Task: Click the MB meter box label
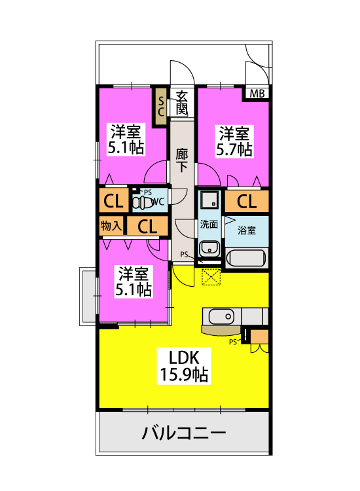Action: point(257,94)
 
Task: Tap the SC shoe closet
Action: point(161,106)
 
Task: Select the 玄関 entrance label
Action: point(181,103)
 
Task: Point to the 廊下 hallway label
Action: point(181,160)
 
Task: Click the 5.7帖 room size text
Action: point(234,149)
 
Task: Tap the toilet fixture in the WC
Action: point(143,202)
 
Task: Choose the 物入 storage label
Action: point(111,225)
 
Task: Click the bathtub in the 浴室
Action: point(246,258)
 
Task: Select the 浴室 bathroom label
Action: point(247,230)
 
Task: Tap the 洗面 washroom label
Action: point(209,224)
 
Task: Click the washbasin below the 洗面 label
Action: point(209,248)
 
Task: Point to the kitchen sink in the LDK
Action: point(221,317)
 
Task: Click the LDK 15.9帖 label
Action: point(184,366)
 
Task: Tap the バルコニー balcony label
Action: point(184,433)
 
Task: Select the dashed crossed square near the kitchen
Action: point(211,277)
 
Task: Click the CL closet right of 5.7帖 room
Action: point(247,202)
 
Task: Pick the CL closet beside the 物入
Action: point(147,226)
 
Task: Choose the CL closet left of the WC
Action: point(114,201)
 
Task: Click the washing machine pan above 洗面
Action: point(209,200)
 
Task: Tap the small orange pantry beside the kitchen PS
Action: point(259,336)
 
